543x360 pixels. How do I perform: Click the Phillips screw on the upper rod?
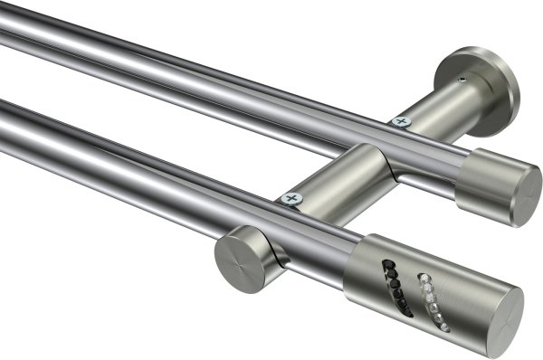pos(399,119)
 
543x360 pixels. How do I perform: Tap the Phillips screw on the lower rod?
pos(291,198)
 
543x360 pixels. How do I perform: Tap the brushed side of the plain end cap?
pos(484,181)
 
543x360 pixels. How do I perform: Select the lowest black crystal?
pos(406,313)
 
